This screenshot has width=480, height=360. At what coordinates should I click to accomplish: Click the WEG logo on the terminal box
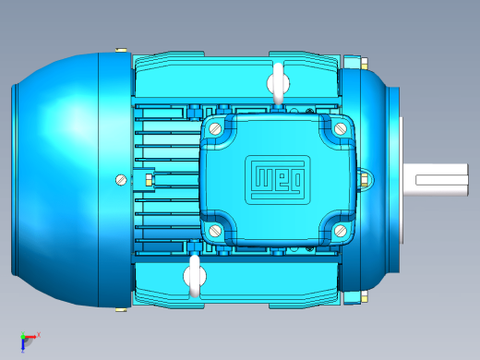click(x=278, y=180)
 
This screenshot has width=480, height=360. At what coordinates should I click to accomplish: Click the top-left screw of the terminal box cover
click(x=215, y=128)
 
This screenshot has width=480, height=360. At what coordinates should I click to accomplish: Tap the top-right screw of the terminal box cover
click(x=340, y=128)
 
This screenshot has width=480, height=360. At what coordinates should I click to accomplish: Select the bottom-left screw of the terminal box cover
click(x=215, y=230)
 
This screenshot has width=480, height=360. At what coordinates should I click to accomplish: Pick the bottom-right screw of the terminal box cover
click(x=340, y=231)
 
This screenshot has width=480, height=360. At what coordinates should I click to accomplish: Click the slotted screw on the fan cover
click(x=121, y=180)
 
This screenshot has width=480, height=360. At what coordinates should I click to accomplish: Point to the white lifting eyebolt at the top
click(x=278, y=84)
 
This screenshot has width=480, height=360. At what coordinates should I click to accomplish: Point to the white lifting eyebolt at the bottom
click(x=195, y=276)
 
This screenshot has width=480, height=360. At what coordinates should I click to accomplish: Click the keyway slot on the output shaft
click(x=442, y=180)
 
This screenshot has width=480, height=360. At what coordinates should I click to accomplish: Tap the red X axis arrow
click(x=31, y=337)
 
